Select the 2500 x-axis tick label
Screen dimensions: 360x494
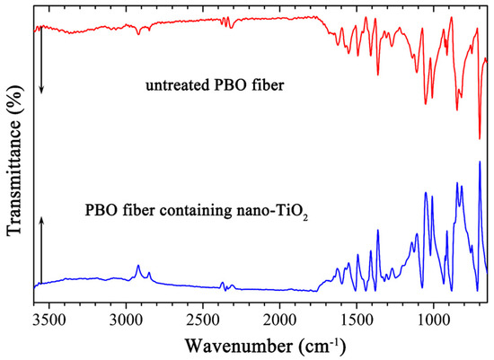click(x=203, y=320)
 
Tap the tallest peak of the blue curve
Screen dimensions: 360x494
click(x=479, y=162)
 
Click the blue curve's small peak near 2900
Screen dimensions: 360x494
click(x=137, y=266)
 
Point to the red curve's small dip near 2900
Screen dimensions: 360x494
click(x=137, y=33)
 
